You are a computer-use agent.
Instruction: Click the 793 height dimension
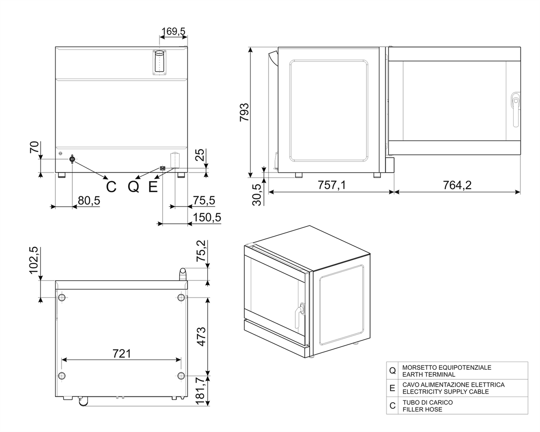244,112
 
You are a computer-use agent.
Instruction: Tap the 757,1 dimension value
332,185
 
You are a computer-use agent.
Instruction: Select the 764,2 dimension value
457,185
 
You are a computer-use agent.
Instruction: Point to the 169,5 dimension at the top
173,32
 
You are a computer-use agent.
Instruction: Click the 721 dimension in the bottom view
122,353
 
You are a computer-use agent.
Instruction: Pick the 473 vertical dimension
201,337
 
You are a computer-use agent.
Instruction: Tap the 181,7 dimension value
201,391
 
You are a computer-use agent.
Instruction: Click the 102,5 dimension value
34,260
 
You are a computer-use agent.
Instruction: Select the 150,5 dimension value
207,217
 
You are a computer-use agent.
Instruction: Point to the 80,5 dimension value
89,200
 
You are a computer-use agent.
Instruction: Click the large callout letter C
111,187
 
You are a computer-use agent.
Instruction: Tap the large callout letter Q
133,187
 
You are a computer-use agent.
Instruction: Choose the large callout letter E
153,187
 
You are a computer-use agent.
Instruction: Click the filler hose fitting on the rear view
72,159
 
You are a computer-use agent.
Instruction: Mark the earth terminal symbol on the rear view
163,168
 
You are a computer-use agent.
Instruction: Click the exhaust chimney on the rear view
159,62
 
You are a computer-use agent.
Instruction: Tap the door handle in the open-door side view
516,109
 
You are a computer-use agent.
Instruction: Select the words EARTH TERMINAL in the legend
429,374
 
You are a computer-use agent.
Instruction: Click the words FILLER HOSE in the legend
422,409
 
